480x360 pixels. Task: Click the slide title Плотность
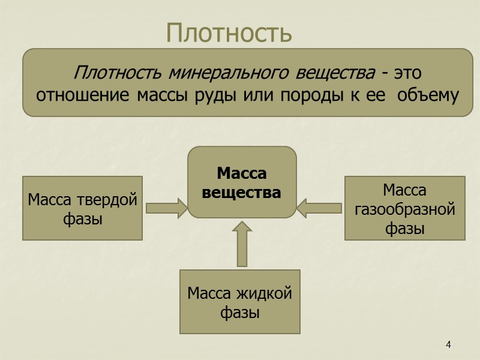229,33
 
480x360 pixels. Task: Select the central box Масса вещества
242,182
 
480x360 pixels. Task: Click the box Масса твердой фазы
83,208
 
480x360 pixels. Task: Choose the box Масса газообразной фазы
404,208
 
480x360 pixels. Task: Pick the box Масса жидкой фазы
240,302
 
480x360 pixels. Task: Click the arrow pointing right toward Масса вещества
167,208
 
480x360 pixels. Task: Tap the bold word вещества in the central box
241,193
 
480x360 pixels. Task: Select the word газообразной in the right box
405,209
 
